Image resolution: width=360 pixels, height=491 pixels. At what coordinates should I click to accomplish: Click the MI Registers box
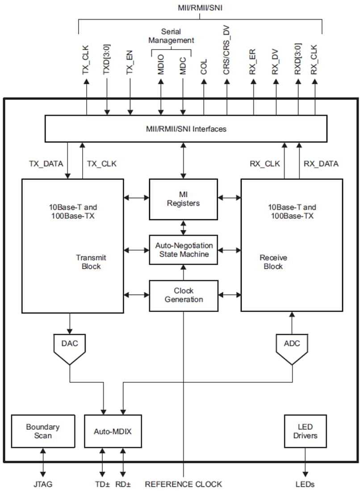[x=183, y=199]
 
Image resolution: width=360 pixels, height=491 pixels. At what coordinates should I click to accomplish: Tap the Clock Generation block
[x=183, y=295]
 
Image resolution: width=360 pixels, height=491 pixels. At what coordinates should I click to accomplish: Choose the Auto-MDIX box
[x=113, y=431]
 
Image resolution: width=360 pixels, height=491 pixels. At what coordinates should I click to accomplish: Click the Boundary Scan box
[x=42, y=431]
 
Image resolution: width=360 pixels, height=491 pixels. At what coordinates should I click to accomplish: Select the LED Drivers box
[x=306, y=431]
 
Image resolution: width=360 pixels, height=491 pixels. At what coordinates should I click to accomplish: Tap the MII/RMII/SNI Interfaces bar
[x=186, y=129]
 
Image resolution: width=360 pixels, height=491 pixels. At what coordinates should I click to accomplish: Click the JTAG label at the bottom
[x=43, y=484]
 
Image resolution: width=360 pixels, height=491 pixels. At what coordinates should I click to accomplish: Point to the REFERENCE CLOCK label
[x=183, y=484]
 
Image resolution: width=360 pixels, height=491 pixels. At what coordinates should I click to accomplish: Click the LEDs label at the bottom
[x=306, y=484]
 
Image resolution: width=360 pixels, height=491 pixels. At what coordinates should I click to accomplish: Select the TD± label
[x=103, y=484]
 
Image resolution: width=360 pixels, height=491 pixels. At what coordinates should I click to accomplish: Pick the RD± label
[x=123, y=484]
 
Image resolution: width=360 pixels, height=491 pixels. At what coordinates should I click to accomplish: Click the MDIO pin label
[x=161, y=64]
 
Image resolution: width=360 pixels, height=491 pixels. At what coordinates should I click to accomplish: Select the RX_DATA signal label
[x=321, y=164]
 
